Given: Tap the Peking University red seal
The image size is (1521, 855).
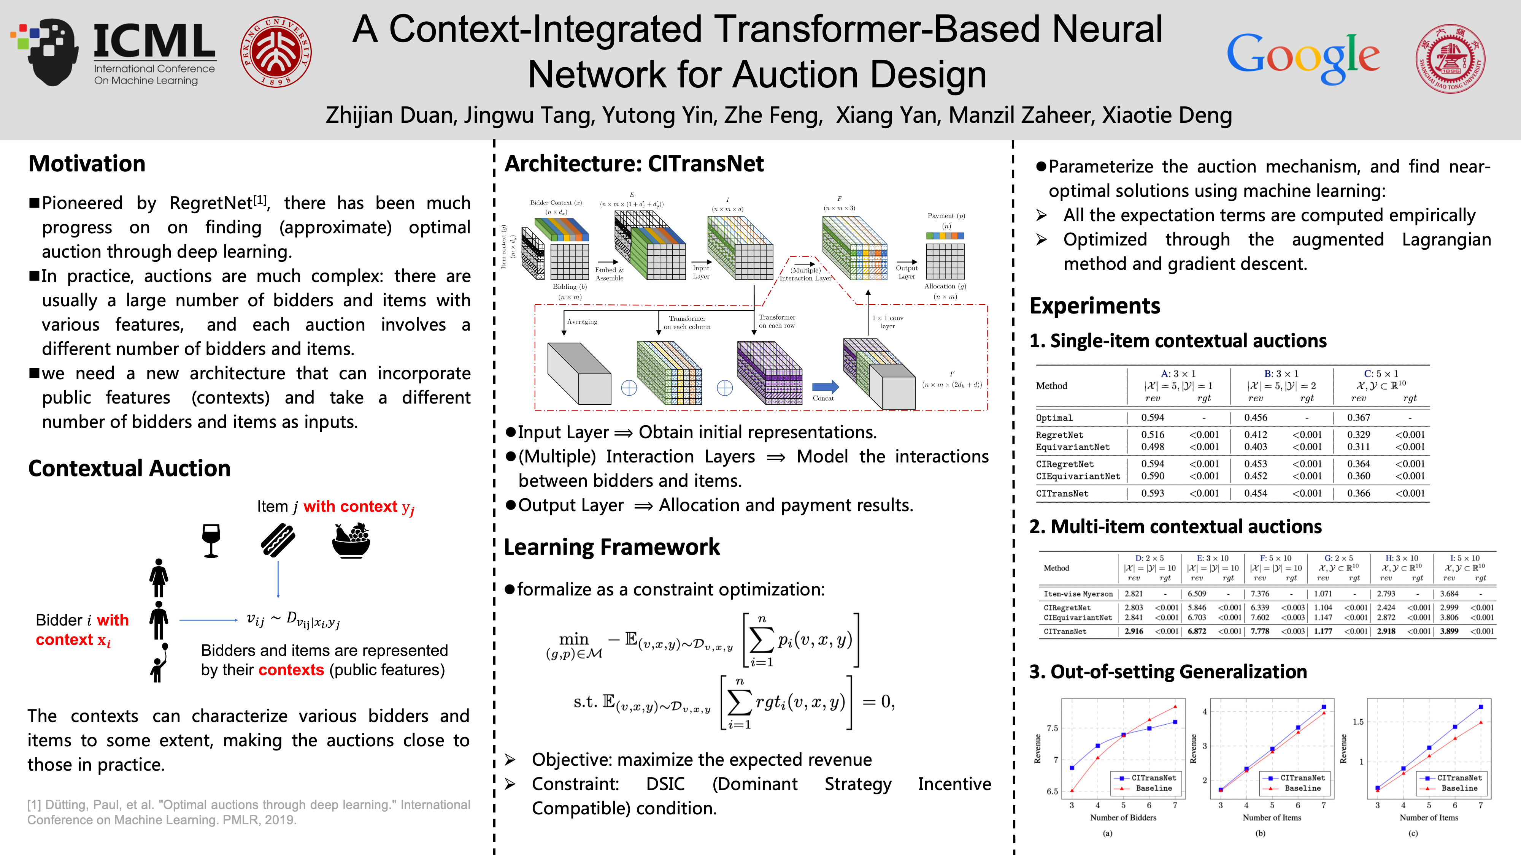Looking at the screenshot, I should click(x=276, y=52).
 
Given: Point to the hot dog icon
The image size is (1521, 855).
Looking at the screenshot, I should click(x=278, y=540).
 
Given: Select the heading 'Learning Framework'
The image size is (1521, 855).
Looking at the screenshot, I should click(x=612, y=547).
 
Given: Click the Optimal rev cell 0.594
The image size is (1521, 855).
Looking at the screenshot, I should click(x=1152, y=418).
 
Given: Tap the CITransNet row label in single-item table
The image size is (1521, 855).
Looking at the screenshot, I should click(x=1062, y=493).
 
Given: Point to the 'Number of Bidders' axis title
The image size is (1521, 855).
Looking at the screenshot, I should click(x=1122, y=818).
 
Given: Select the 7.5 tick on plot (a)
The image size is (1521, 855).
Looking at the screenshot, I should click(x=1052, y=728).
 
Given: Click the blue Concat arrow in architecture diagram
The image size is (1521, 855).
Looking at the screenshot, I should click(x=825, y=387).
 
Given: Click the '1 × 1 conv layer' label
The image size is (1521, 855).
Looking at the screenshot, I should click(x=888, y=321).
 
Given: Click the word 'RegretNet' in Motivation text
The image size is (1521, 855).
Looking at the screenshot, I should click(x=211, y=203).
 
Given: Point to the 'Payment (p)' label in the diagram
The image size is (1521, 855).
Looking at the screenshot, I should click(x=946, y=216).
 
